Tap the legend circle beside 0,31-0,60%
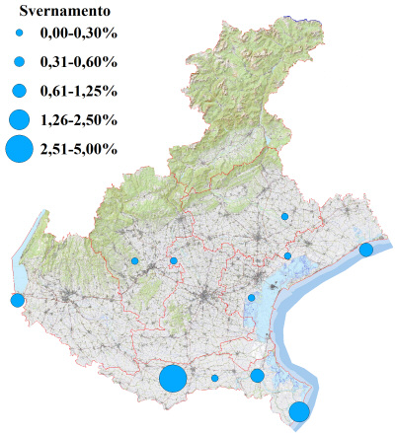pos(19,62)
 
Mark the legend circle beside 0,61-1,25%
pos(19,91)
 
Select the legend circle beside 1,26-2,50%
pos(19,120)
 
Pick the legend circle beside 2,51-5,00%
pos(19,150)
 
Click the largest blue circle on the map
pos(173,378)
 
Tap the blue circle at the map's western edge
pos(17,300)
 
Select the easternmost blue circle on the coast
pos(365,250)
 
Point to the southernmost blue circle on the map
pos(299,412)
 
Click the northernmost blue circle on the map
pos(284,216)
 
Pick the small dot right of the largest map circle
pos(214,378)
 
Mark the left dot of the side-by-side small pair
pos(134,260)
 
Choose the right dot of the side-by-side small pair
pos(174,260)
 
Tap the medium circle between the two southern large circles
pos(257,376)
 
